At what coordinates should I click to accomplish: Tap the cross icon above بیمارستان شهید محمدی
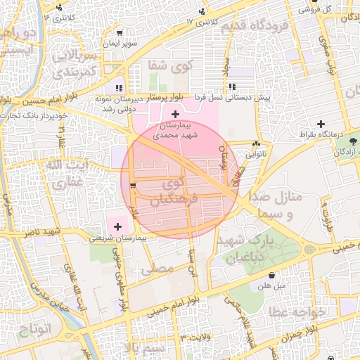175,114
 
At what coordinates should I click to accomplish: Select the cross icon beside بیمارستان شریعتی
117,226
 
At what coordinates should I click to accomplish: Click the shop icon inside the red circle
133,186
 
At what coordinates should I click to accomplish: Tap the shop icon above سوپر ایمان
119,32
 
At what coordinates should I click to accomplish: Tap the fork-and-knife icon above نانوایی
255,145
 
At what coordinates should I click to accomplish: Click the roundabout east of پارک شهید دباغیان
309,250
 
